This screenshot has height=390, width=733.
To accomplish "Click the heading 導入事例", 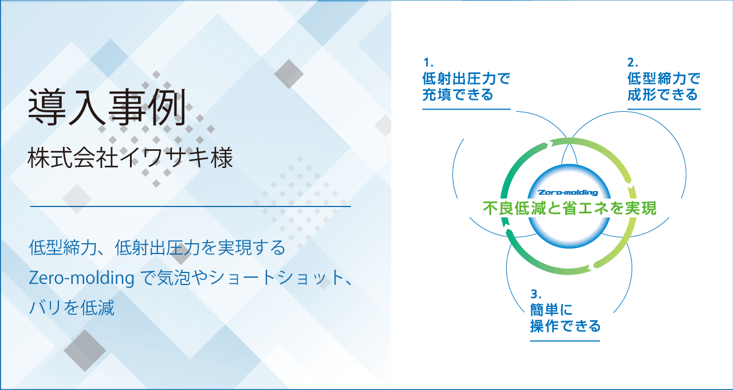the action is tap(107, 107).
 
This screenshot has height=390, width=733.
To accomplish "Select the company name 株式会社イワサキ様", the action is tap(130, 158).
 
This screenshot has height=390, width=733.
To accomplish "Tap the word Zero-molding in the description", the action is tap(81, 278).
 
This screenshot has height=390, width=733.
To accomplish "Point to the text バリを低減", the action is tap(72, 307).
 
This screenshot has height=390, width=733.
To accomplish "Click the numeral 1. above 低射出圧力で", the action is tap(428, 62).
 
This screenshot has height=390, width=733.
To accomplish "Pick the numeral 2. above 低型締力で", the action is tap(633, 62).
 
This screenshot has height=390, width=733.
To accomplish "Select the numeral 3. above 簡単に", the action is tap(536, 294).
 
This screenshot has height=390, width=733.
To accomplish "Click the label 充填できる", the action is tap(458, 95).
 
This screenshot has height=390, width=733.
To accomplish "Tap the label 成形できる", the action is tap(663, 95).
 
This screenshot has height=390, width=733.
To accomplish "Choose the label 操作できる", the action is tap(565, 326).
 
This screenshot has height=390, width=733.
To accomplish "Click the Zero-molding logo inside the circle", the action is tap(568, 192).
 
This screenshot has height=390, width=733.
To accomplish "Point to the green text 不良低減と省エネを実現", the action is tap(569, 208).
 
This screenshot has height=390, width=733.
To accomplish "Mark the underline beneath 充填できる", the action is tap(466, 109).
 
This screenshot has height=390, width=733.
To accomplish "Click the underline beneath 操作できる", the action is tap(565, 341).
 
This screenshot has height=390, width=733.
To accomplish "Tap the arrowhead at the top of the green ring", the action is tap(551, 143).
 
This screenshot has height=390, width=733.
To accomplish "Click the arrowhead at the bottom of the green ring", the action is tap(590, 268).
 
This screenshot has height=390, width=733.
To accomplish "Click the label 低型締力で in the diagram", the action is tap(664, 79).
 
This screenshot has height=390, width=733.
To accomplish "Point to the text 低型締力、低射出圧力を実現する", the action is tap(157, 247).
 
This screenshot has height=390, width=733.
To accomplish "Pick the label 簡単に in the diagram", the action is tap(551, 310).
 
